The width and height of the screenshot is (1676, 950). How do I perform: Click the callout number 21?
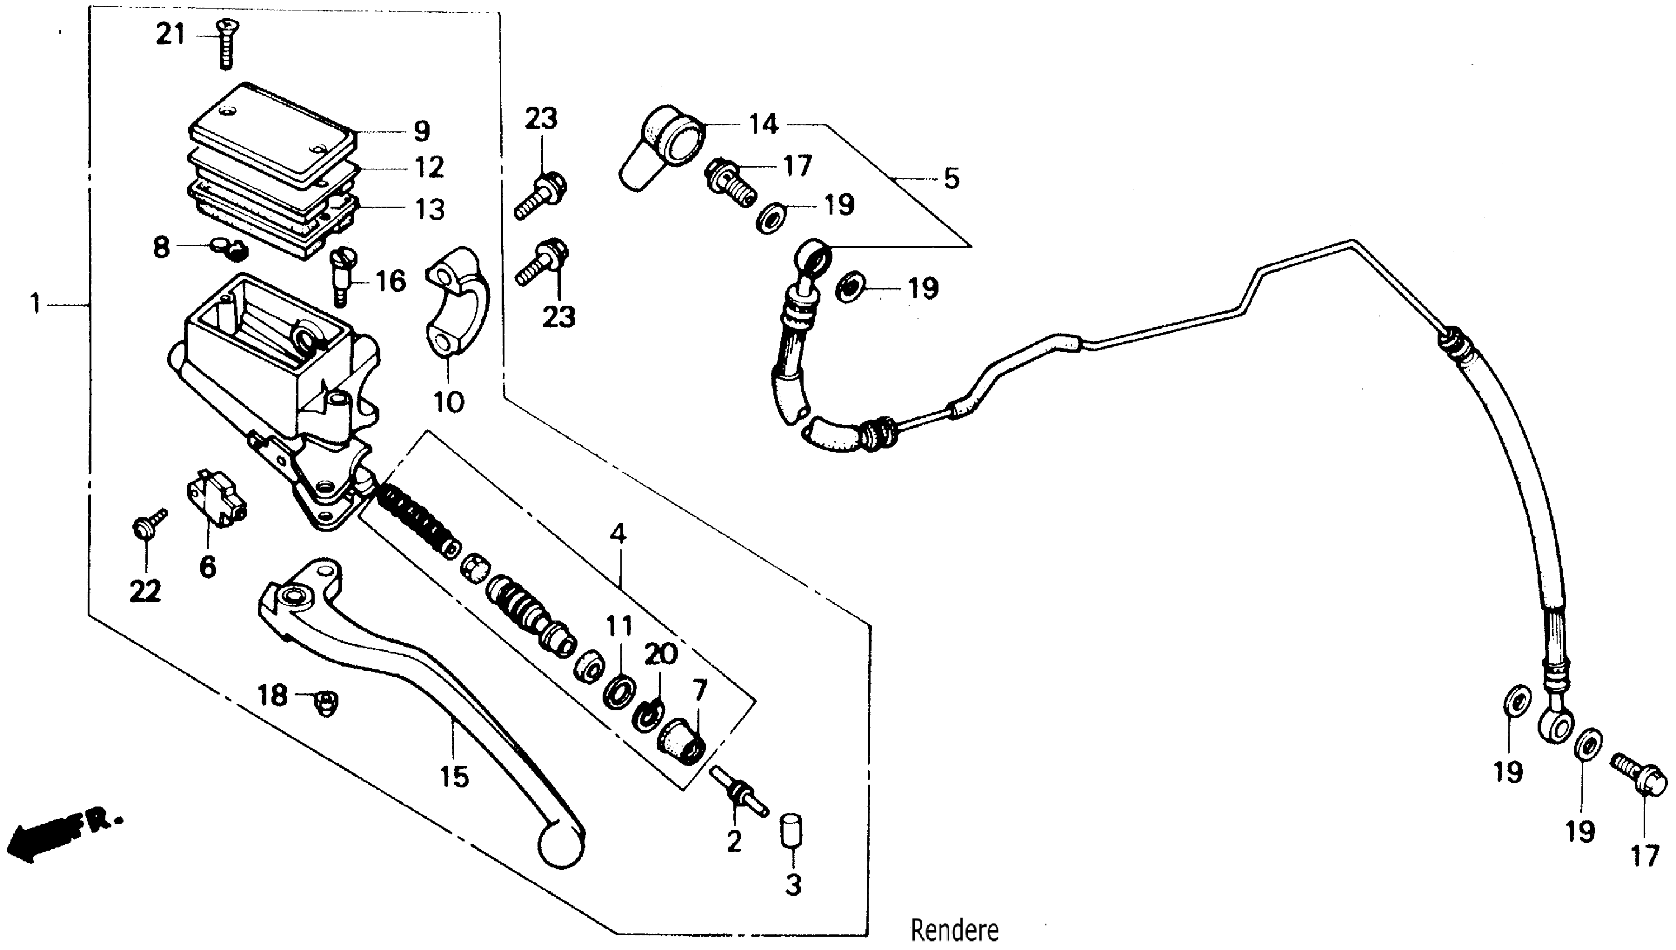(171, 34)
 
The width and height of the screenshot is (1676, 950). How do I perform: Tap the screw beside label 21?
(226, 43)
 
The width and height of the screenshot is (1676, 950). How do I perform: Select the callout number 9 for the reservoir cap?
(422, 131)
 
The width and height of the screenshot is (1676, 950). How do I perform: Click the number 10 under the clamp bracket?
(449, 402)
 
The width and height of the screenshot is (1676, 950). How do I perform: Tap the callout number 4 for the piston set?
(618, 534)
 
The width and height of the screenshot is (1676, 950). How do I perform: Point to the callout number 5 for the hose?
(951, 178)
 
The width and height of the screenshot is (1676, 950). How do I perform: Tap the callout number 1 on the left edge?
(35, 304)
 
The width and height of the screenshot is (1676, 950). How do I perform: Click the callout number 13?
(430, 210)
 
